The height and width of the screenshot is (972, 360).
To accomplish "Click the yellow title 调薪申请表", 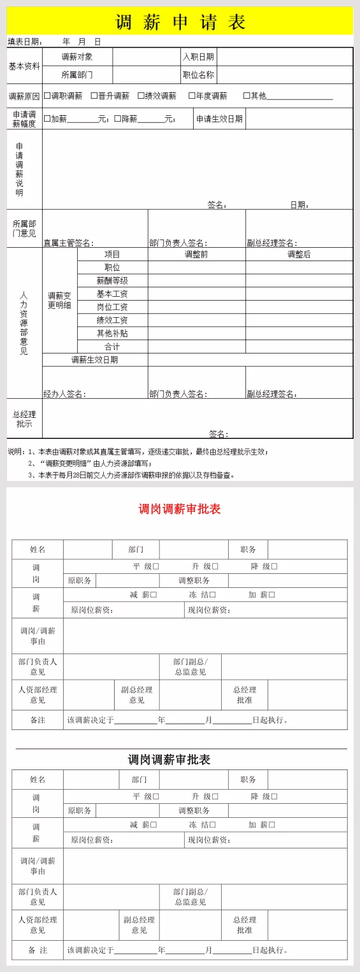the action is point(180,22).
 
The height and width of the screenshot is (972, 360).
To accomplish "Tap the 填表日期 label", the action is point(24,42).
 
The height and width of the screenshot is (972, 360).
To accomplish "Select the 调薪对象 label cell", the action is point(77,57).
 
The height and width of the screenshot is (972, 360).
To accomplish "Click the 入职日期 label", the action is point(198,57).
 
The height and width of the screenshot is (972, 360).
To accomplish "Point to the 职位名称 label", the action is point(198,75).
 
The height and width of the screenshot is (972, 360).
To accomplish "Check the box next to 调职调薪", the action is point(47,96).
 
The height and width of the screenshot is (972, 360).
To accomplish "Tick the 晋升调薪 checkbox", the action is point(94,96).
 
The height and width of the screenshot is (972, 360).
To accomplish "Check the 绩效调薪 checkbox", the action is point(141,96).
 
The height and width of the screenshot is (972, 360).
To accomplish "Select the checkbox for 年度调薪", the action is point(192,96).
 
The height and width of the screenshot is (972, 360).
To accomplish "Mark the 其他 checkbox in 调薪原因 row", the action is point(247,96).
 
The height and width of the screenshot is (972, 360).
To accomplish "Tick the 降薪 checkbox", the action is point(118,118).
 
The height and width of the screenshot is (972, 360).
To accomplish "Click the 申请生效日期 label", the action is point(219,118).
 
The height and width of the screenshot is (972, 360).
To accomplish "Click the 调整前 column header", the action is point(196,254).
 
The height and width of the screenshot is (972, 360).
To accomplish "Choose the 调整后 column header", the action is point(299,254).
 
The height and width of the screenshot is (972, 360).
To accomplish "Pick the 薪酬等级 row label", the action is point(112,280).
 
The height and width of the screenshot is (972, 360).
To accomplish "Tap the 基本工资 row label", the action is point(112,294).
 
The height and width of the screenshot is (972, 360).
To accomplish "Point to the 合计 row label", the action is point(112,347).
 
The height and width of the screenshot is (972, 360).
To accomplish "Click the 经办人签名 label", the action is point(64,394).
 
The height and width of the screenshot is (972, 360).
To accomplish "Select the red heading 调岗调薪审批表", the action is point(180,509).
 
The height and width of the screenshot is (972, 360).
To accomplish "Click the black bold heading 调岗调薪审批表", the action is point(169,759).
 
